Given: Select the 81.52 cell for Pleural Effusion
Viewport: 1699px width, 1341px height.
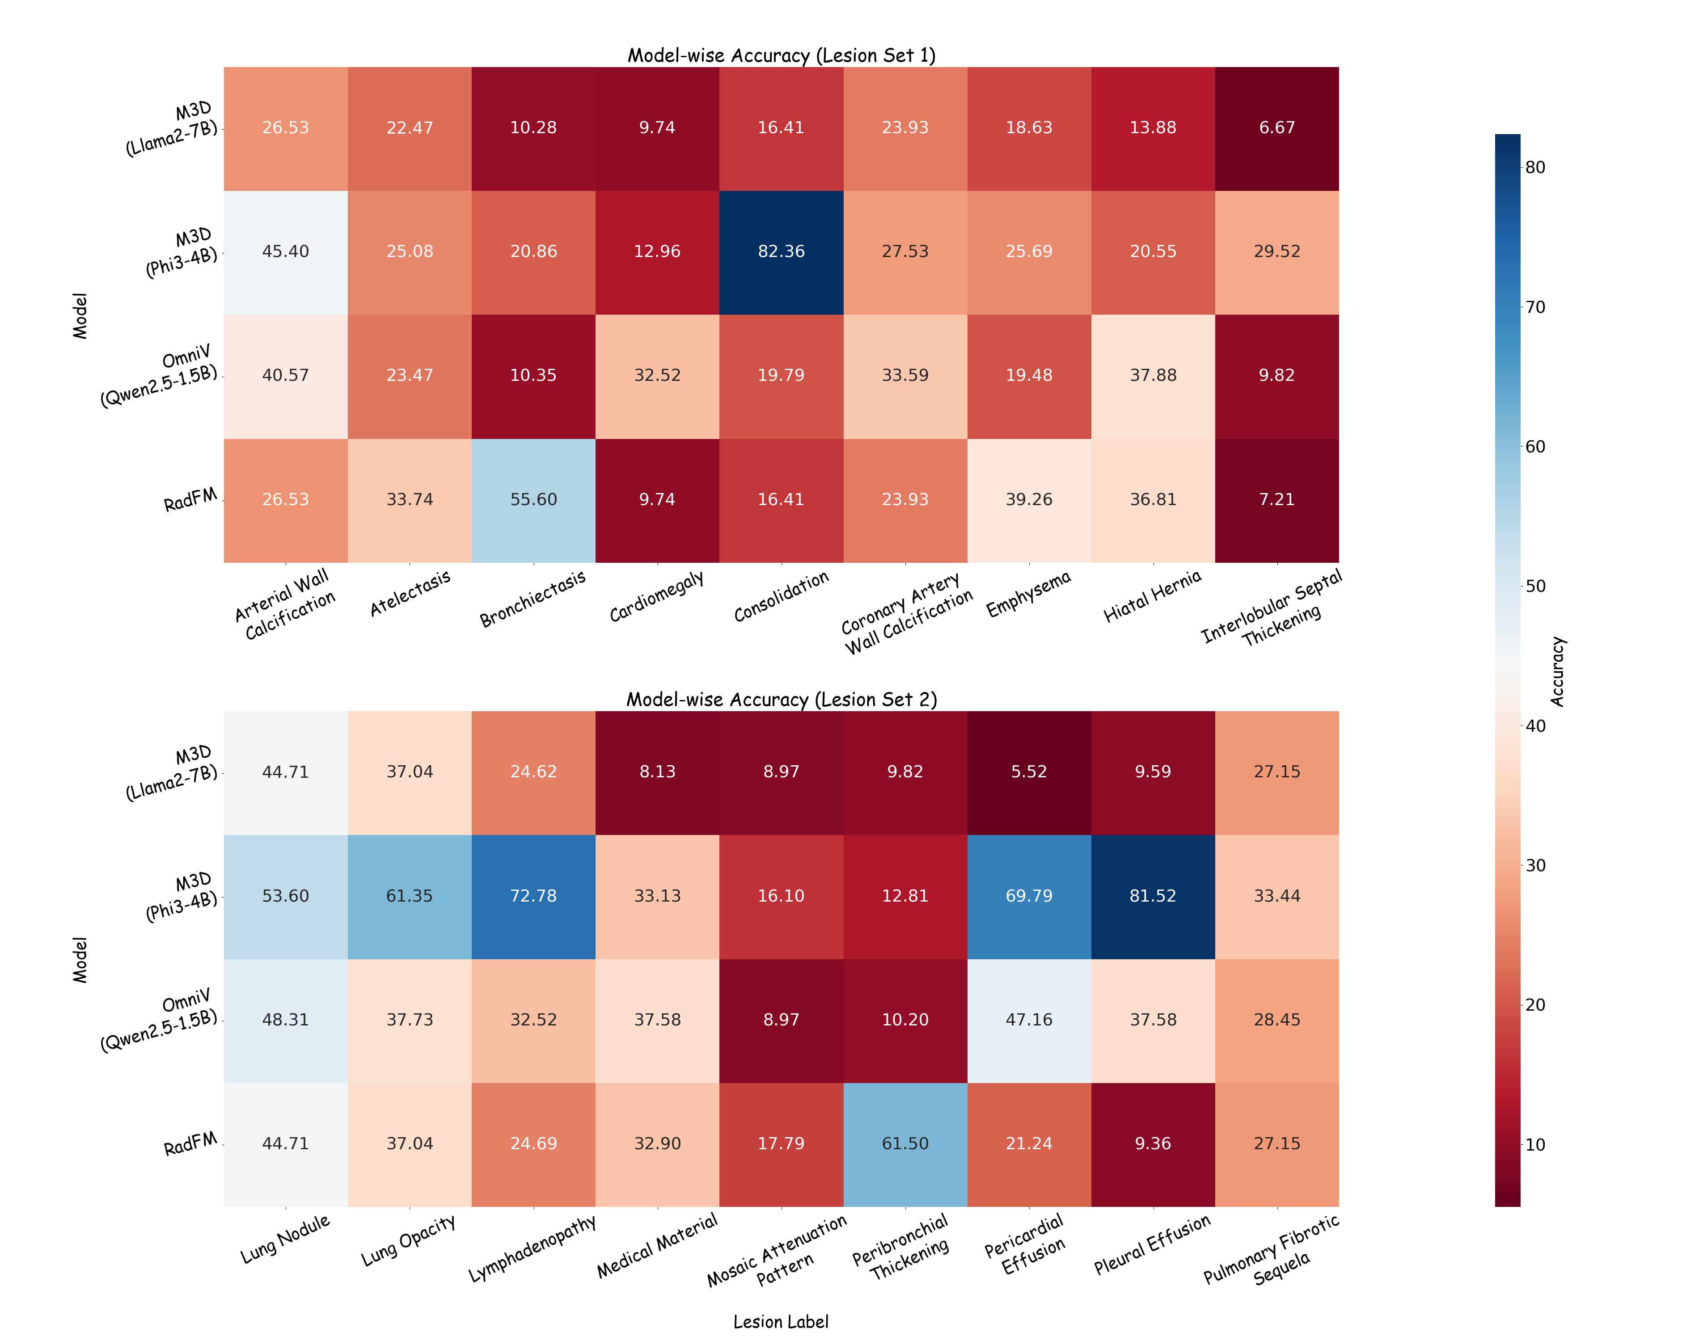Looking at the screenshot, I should coord(1153,896).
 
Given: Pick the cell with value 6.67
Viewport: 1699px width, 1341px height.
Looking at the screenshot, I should coord(1276,128).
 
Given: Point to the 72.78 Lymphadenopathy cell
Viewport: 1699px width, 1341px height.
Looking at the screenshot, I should coord(533,896).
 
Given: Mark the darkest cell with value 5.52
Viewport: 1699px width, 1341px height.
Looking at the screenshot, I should coord(1028,772).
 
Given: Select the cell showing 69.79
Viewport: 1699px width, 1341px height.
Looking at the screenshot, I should coord(1028,896).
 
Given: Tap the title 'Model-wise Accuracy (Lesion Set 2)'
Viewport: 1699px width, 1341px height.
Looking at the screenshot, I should coord(781,700).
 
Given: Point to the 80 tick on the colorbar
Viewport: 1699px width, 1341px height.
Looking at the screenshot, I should coord(1535,167).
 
